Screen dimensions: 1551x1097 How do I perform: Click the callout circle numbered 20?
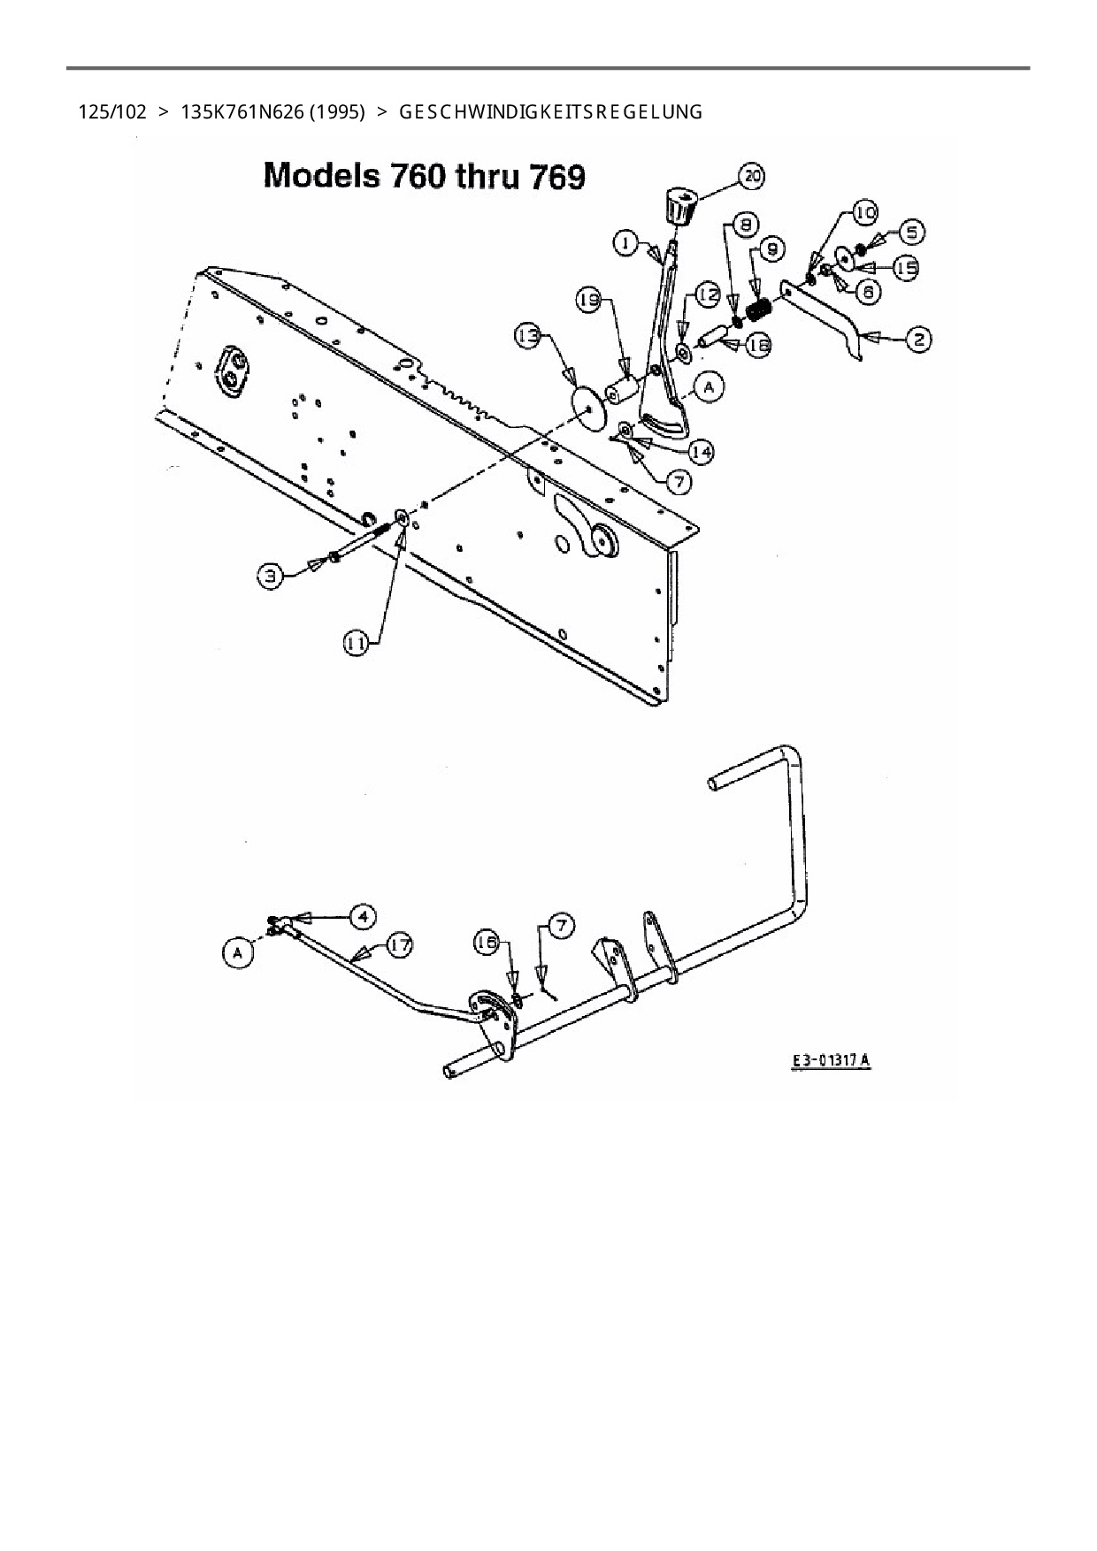point(751,176)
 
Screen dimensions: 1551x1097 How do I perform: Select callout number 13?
point(529,336)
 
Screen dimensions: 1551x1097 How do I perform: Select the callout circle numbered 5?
point(911,233)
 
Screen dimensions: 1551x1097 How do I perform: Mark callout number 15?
point(903,267)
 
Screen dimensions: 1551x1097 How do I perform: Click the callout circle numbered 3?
point(271,577)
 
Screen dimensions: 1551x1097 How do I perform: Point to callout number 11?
point(356,644)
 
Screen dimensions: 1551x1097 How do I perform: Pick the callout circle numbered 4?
point(363,916)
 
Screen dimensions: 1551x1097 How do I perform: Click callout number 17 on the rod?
point(400,945)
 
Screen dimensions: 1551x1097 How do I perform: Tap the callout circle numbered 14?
point(701,453)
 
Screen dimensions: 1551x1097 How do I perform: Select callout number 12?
point(708,294)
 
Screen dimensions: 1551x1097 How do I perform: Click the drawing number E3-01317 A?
point(831,1060)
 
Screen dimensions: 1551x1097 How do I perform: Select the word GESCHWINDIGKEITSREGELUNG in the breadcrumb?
point(551,112)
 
